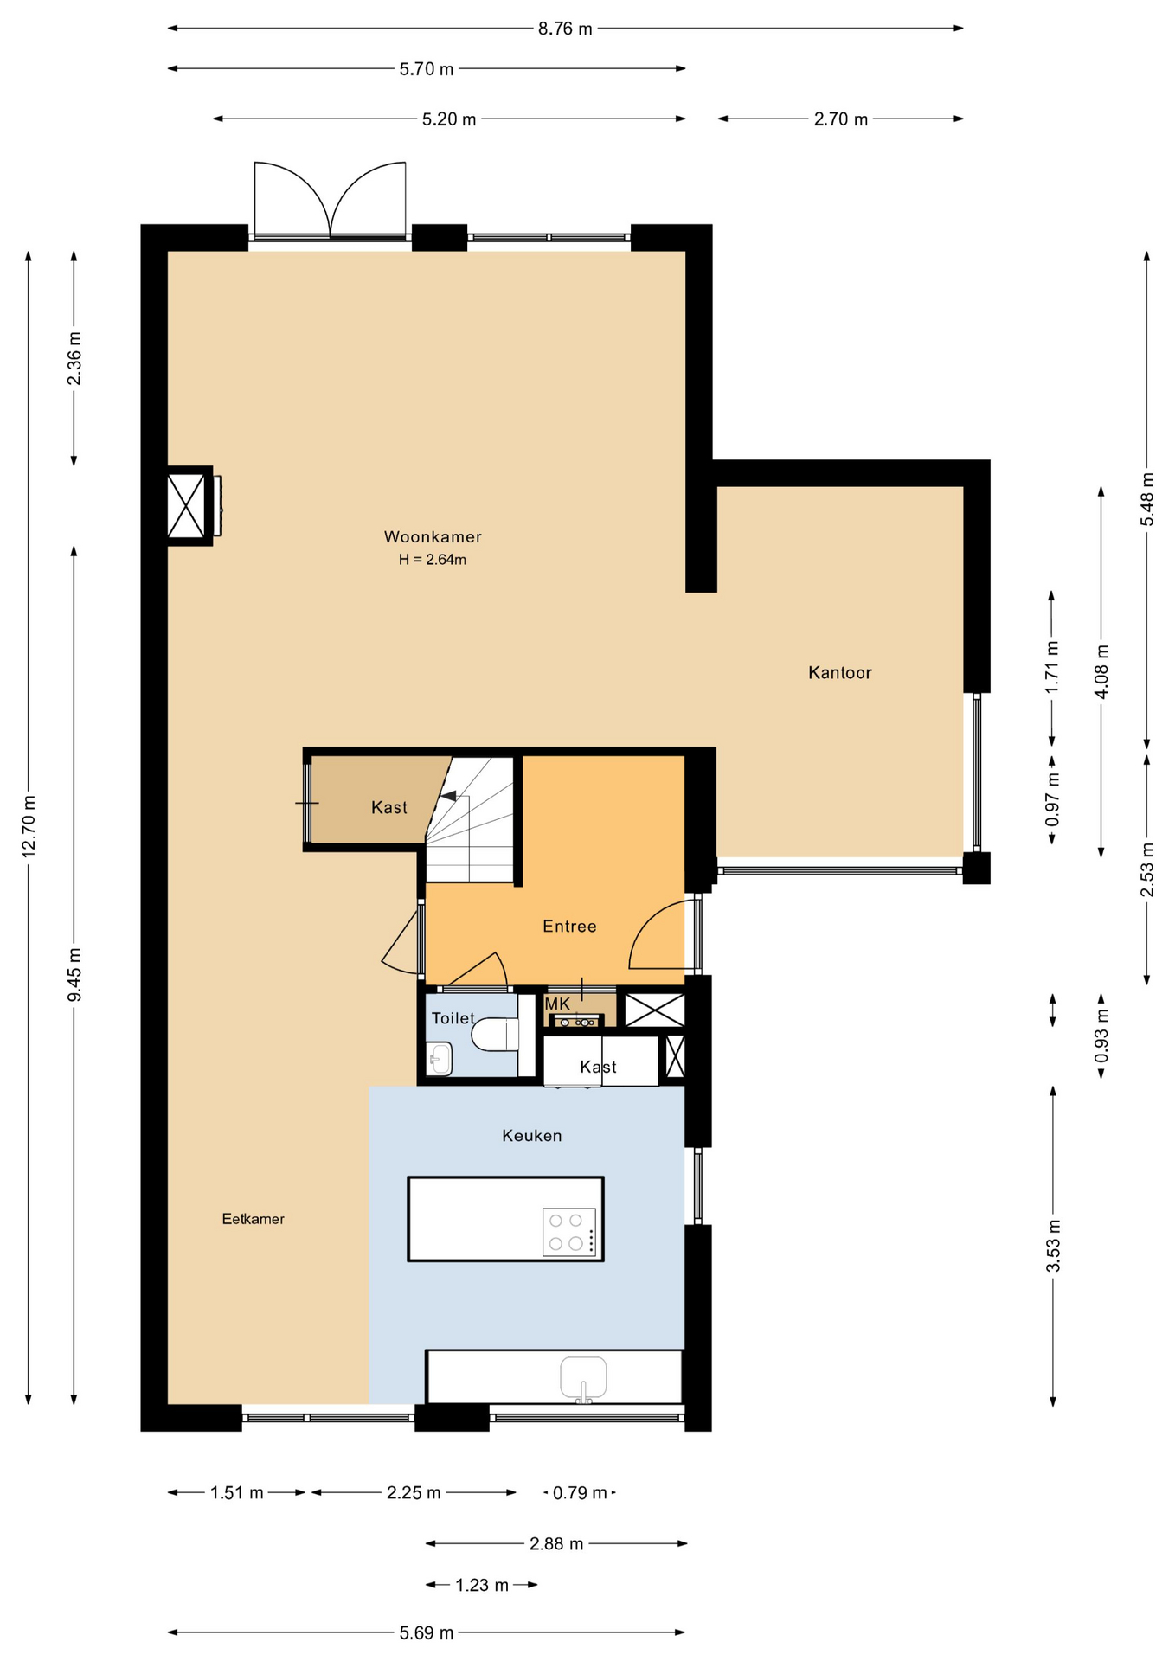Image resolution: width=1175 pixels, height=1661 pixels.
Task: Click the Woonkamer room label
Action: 433,536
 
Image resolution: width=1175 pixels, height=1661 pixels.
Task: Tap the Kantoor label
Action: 839,672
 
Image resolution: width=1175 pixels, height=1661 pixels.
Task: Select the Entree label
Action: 569,926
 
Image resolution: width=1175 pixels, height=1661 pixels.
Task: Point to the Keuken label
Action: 532,1135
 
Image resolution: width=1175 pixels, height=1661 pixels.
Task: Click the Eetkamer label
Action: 253,1218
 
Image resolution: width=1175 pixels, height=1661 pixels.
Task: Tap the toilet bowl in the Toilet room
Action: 496,1034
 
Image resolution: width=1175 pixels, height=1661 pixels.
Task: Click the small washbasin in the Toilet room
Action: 440,1059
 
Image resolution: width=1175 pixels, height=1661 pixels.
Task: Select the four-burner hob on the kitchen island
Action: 569,1232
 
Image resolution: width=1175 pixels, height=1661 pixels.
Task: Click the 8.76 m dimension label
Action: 565,29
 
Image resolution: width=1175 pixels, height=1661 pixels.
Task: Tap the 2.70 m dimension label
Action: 840,119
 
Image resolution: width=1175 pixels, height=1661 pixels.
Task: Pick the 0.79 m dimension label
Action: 580,1492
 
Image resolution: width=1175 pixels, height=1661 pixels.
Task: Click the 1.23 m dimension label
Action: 482,1585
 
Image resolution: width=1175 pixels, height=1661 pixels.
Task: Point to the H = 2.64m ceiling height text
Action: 433,560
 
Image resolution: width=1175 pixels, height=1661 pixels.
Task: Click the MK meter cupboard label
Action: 557,1004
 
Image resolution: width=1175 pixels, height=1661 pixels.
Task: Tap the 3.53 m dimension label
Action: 1053,1246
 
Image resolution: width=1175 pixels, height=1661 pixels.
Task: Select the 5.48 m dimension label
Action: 1147,499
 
